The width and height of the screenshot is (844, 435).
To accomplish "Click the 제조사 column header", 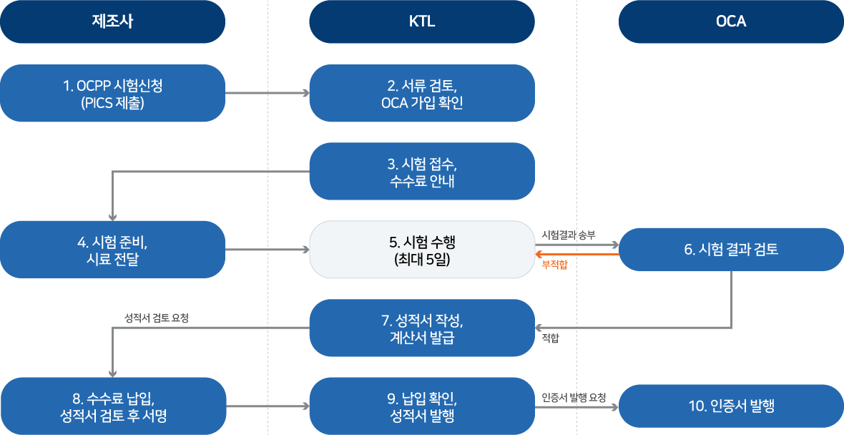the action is click(112, 21).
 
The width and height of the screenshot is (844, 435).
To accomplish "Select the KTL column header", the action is click(422, 21).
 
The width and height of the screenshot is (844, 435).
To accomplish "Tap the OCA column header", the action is click(731, 21).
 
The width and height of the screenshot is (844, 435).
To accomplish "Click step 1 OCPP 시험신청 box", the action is click(112, 93).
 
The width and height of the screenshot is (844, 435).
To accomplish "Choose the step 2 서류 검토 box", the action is click(422, 93).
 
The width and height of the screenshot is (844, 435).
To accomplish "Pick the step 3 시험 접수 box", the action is click(422, 171).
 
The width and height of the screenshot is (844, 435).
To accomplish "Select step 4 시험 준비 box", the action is click(112, 249).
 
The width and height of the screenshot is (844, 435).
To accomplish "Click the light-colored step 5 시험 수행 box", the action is click(422, 249).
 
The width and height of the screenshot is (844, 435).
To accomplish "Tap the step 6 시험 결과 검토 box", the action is click(731, 249).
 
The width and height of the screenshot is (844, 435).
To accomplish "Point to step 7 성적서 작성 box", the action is click(422, 328).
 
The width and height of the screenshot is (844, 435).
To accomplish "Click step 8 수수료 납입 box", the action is click(112, 406).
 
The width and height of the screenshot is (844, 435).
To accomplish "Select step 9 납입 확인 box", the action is click(422, 406).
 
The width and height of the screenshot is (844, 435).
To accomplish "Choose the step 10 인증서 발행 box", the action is click(731, 406).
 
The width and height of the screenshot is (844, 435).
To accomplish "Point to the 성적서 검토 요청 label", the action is click(157, 318).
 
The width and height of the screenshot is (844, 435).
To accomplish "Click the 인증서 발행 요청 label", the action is click(574, 398).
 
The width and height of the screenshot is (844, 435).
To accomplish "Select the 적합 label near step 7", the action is click(550, 338).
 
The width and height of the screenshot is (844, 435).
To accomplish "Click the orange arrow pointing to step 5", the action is click(577, 254).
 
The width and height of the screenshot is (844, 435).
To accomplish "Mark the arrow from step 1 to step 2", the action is click(268, 93).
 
